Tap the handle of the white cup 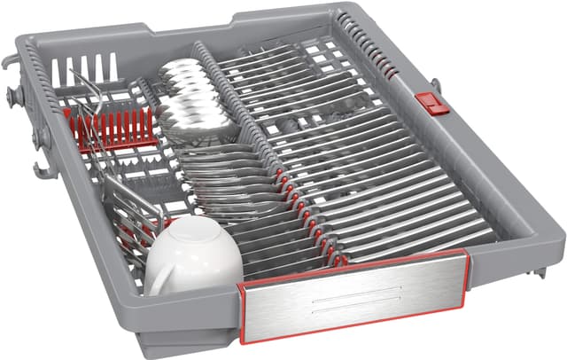click(x=159, y=281)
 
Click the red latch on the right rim click(x=431, y=103)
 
